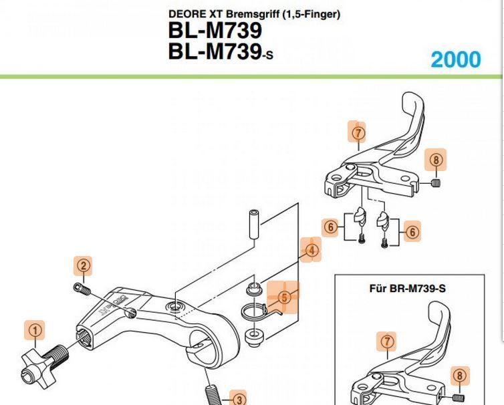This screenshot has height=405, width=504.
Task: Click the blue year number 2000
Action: [x=455, y=59]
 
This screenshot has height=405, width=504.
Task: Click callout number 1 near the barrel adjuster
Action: [x=35, y=329]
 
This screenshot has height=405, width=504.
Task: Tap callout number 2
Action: [x=82, y=266]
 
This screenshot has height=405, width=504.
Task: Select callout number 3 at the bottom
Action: [x=238, y=399]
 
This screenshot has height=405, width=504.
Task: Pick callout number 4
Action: [x=311, y=251]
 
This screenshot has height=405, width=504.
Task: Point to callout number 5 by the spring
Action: [x=285, y=297]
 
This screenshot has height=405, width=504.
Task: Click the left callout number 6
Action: [x=331, y=227]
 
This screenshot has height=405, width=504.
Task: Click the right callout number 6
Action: [x=412, y=232]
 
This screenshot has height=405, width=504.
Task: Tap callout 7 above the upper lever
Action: [x=358, y=133]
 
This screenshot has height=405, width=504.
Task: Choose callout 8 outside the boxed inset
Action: [x=436, y=160]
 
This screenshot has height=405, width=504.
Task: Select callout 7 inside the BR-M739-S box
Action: [x=386, y=342]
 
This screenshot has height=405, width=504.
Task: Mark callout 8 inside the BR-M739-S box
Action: [x=459, y=376]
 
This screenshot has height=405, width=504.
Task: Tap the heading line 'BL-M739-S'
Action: [x=221, y=51]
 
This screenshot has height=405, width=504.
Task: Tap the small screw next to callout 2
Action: [x=82, y=289]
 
